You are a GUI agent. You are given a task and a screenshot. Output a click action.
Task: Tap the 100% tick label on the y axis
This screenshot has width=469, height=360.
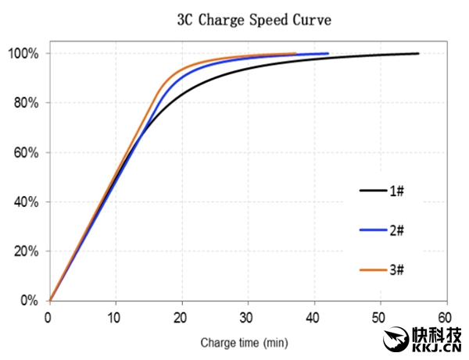(23, 53)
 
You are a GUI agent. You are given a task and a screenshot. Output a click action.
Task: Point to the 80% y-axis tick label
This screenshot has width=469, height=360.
(25, 103)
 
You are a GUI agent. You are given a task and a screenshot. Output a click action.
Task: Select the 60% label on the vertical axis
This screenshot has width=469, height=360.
(25, 152)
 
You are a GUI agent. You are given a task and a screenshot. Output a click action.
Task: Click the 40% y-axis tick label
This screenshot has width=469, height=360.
(25, 201)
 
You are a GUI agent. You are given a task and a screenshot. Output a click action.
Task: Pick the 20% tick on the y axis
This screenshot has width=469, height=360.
(25, 251)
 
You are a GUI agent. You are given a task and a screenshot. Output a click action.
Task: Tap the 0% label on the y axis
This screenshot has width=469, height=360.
(28, 301)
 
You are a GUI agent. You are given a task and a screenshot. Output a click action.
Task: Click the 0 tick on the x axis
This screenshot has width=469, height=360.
(48, 317)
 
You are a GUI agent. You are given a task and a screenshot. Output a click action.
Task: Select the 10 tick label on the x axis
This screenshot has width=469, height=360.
(115, 317)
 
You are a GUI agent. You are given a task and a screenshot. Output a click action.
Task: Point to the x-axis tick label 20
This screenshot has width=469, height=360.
(181, 317)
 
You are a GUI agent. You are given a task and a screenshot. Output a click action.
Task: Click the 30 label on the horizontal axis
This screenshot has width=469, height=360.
(248, 317)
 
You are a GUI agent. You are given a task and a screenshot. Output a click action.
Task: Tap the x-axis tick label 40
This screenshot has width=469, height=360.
(314, 317)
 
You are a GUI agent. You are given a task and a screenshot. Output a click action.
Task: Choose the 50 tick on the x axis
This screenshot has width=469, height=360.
(381, 317)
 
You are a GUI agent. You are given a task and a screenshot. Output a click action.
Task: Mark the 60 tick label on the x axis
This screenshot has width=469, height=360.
(446, 317)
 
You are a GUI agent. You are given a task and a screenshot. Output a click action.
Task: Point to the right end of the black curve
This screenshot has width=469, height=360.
(418, 53)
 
